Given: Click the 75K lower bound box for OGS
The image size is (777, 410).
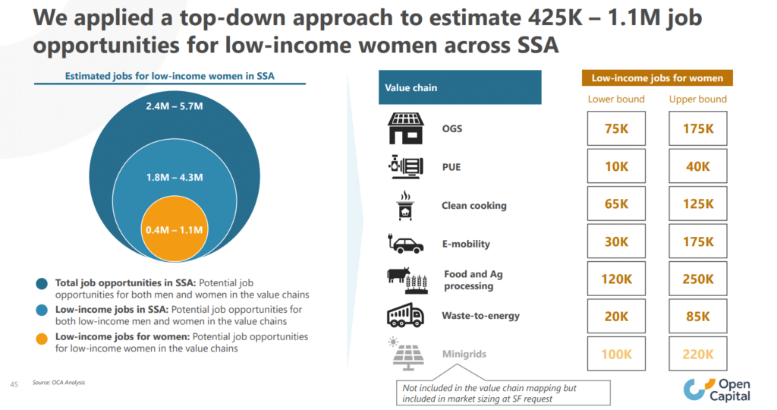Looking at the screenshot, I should [x=616, y=129].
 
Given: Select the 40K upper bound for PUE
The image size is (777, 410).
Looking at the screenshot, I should [x=698, y=166].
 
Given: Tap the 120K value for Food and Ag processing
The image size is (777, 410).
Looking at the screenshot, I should [x=616, y=279].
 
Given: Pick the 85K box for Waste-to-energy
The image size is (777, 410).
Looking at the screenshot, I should [x=698, y=316].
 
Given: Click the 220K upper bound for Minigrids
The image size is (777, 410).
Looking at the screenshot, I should [x=698, y=354].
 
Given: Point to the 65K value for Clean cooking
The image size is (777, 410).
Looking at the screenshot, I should [x=616, y=204].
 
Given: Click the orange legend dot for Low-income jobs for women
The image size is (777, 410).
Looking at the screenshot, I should [x=42, y=336].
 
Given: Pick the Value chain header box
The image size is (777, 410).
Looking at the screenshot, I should [x=459, y=87].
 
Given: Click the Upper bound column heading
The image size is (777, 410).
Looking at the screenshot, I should [x=698, y=99].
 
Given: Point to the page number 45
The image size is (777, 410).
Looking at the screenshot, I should [x=14, y=383].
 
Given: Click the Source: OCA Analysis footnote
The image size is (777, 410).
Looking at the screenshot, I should [x=58, y=383].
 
